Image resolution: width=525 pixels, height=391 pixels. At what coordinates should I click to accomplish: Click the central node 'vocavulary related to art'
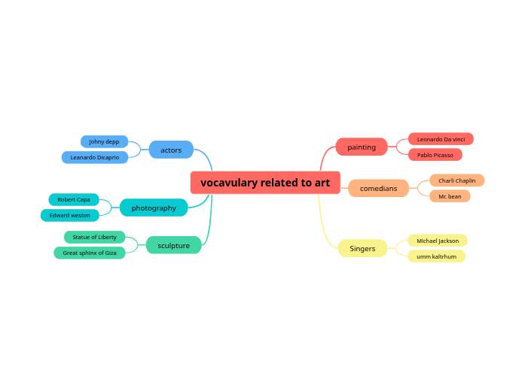(x=264, y=183)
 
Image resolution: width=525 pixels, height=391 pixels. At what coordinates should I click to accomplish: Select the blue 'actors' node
(x=171, y=150)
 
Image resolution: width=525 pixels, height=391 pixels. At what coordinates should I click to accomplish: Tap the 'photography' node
(x=154, y=208)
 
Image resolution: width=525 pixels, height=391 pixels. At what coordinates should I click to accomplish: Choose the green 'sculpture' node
(x=173, y=245)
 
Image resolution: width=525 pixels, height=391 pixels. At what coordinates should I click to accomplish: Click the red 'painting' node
(x=362, y=147)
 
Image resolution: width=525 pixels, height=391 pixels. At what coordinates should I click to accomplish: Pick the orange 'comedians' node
(x=378, y=188)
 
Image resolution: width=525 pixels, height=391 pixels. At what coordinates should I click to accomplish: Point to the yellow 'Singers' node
(x=362, y=248)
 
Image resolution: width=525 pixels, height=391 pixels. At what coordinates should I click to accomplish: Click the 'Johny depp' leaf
(x=104, y=141)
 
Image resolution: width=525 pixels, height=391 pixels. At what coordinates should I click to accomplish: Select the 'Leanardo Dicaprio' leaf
(x=95, y=157)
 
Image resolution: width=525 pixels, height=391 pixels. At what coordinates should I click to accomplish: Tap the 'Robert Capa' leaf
(x=74, y=199)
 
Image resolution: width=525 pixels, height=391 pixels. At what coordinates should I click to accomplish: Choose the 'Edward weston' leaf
(x=69, y=215)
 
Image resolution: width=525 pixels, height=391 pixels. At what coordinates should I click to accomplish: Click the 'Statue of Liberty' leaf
(x=95, y=237)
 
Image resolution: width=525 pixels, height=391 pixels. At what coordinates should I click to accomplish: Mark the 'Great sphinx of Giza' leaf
(x=90, y=253)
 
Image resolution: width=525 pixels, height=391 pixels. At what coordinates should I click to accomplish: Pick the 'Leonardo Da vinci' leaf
(x=441, y=139)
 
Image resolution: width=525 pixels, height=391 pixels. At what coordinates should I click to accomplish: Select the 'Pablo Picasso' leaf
(x=435, y=155)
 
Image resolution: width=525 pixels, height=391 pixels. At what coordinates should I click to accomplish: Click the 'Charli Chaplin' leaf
(x=456, y=180)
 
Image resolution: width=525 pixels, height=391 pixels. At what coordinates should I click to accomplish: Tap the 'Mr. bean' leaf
(x=450, y=196)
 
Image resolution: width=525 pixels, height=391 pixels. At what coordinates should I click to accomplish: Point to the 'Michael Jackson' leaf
(x=438, y=241)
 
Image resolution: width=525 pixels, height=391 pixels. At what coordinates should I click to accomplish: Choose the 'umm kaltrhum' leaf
(x=436, y=256)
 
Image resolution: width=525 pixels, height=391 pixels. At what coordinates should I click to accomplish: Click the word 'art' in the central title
(x=322, y=183)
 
